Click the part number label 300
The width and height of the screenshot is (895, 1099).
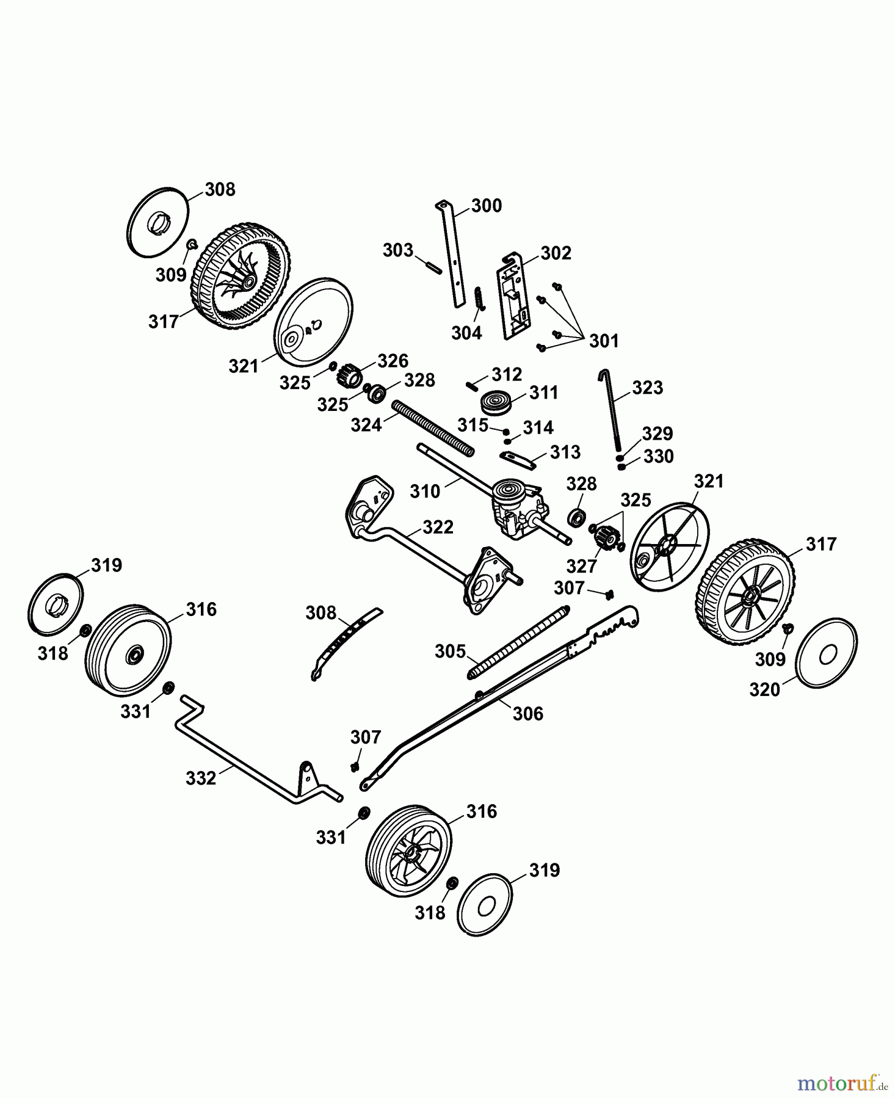487,206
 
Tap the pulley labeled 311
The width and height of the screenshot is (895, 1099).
495,403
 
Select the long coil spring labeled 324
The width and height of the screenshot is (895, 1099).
433,427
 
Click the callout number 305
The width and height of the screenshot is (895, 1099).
450,651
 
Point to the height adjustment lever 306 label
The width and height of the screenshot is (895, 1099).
528,713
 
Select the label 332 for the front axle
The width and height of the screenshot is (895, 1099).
201,778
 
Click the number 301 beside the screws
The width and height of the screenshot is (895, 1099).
604,341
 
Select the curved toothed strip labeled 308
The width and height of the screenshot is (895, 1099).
345,641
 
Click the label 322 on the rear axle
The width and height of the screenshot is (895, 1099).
438,527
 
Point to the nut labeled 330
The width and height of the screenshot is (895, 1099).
621,467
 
